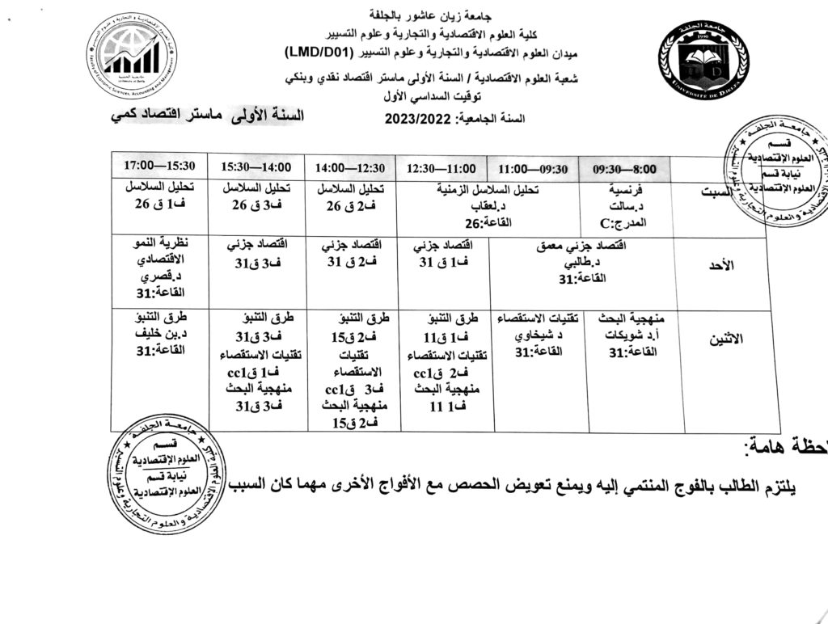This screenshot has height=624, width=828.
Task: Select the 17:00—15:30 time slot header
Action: point(160,165)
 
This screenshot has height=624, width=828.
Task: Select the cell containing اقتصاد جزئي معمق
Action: point(581,260)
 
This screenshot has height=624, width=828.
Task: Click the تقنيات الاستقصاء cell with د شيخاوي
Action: point(538,334)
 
